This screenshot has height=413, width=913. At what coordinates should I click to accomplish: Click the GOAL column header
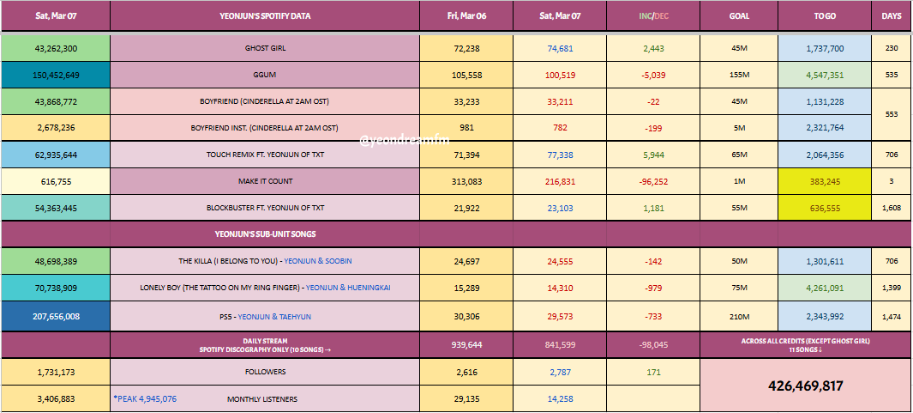[x=738, y=15]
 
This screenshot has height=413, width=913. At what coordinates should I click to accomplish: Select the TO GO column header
[x=825, y=15]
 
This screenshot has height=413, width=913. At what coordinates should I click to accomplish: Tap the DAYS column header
[x=892, y=15]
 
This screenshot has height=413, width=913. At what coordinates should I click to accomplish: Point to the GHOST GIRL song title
[x=264, y=49]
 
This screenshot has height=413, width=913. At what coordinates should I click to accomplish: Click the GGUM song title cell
[x=264, y=76]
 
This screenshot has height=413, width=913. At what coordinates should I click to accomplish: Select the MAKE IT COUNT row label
[x=264, y=181]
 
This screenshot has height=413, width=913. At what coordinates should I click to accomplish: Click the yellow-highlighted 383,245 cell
[x=825, y=181]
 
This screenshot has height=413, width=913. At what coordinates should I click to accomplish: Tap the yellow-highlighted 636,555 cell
[x=825, y=208]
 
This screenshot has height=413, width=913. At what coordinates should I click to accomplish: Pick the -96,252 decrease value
[x=653, y=181]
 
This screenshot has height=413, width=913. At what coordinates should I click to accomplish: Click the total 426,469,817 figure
[x=806, y=386]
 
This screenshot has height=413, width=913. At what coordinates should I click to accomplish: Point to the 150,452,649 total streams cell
[x=55, y=76]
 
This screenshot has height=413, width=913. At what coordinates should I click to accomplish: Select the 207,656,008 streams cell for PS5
[x=55, y=316]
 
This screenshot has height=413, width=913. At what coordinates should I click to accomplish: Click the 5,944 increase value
[x=653, y=155]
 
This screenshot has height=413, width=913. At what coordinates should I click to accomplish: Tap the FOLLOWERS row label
[x=264, y=372]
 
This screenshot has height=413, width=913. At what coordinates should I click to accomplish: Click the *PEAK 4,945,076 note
[x=145, y=398]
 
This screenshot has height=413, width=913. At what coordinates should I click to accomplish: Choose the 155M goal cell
[x=738, y=76]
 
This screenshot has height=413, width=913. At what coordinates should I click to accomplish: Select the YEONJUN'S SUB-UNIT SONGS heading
[x=264, y=233]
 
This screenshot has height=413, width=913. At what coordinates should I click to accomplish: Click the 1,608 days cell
[x=892, y=208]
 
